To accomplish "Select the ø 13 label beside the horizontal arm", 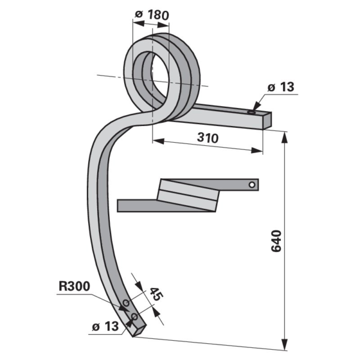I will pyautogui.click(x=280, y=88).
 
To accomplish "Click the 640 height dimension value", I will pyautogui.click(x=275, y=241).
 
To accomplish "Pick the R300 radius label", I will pyautogui.click(x=74, y=287).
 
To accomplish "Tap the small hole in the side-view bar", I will pyautogui.click(x=253, y=184).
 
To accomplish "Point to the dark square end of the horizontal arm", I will pyautogui.click(x=266, y=119).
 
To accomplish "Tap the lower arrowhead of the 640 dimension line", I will pyautogui.click(x=283, y=346).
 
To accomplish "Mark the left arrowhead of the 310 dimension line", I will pyautogui.click(x=156, y=142).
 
